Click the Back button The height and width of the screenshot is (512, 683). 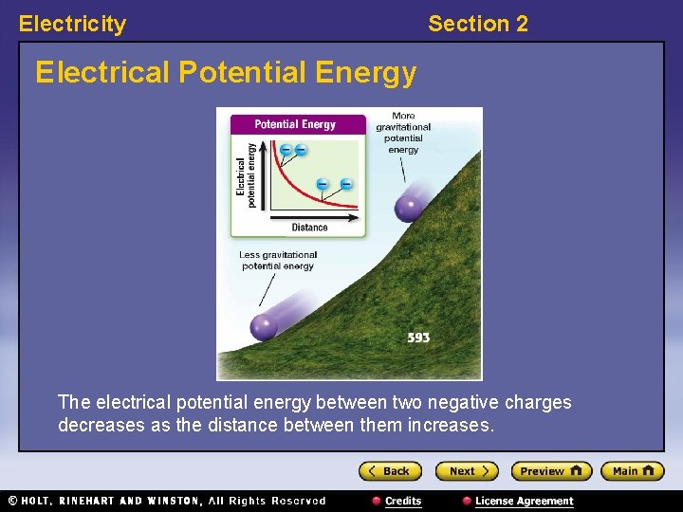[389, 471]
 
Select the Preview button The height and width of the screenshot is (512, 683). [550, 471]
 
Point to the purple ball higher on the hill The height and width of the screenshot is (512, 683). [410, 206]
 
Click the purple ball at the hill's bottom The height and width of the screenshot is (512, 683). [265, 327]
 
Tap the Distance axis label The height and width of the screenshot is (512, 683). [309, 228]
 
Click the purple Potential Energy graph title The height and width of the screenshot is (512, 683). [295, 124]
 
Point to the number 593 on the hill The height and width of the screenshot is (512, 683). [418, 338]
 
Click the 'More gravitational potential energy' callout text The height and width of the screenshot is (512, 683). [403, 133]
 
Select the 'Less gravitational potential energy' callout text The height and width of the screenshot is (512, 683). [278, 261]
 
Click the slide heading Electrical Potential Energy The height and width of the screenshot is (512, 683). [226, 72]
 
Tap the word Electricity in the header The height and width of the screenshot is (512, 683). [72, 24]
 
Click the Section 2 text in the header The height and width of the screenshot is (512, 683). [478, 24]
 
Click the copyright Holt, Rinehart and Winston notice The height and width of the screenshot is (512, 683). [167, 501]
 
